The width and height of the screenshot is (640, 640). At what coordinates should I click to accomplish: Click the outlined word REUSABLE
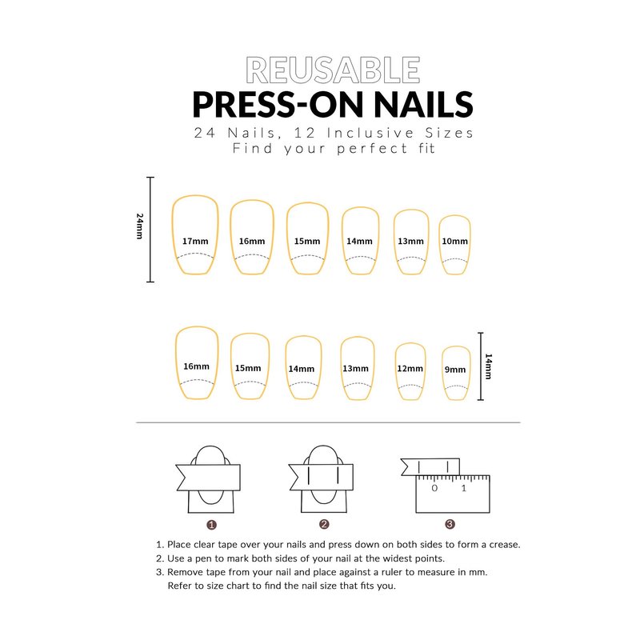pos(333,70)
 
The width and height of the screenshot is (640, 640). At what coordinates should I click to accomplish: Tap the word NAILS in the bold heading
pos(423,104)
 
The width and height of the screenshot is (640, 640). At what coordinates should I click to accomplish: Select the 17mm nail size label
pos(195,242)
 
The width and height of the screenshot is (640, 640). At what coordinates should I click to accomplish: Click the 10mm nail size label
pos(454,242)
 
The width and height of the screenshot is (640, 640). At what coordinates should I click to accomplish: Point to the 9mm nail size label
pos(455,370)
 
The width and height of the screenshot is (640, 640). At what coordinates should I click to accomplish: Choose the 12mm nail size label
pos(410,369)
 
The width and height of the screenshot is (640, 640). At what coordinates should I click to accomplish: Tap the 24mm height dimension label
pos(139,226)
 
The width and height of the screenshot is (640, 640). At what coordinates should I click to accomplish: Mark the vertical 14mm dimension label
pos(489,366)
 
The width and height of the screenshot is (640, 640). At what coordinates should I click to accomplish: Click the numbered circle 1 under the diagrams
pos(211,525)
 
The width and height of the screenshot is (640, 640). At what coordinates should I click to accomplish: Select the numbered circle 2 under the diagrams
pos(324,525)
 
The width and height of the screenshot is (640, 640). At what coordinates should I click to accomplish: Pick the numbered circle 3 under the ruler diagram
pos(450,524)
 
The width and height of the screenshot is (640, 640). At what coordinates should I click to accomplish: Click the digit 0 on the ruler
pos(434,488)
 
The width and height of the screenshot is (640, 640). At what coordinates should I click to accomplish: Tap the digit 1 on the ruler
pos(464,488)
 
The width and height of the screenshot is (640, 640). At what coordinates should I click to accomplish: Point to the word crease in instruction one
pos(505,545)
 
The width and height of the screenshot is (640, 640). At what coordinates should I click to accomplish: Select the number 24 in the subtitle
pos(205,133)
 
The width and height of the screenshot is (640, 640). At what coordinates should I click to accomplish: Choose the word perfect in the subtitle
pos(372,149)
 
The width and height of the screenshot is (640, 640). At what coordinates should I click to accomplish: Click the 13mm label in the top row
pos(410,242)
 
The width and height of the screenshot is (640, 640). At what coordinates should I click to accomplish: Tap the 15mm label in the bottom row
pos(248,368)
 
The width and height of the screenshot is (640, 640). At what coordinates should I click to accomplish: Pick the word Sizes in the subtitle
pos(449,133)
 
